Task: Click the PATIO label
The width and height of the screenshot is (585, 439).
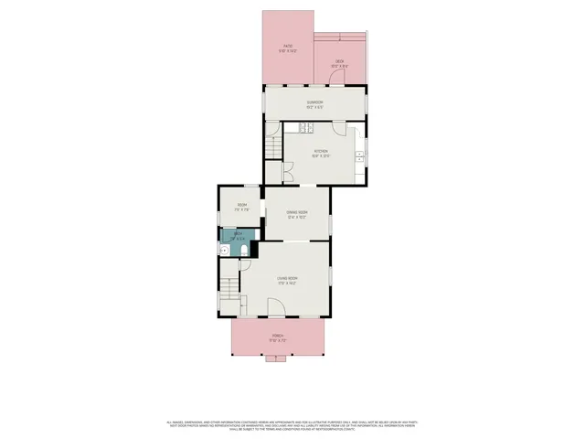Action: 288,48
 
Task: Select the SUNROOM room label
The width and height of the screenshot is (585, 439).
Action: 314,103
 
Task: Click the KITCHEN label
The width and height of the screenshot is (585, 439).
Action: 320,153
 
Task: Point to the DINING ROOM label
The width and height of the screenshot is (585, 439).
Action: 296,214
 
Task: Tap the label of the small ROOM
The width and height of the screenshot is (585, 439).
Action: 241,206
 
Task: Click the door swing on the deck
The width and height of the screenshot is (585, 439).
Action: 342,78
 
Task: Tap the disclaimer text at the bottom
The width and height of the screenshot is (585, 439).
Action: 292,424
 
